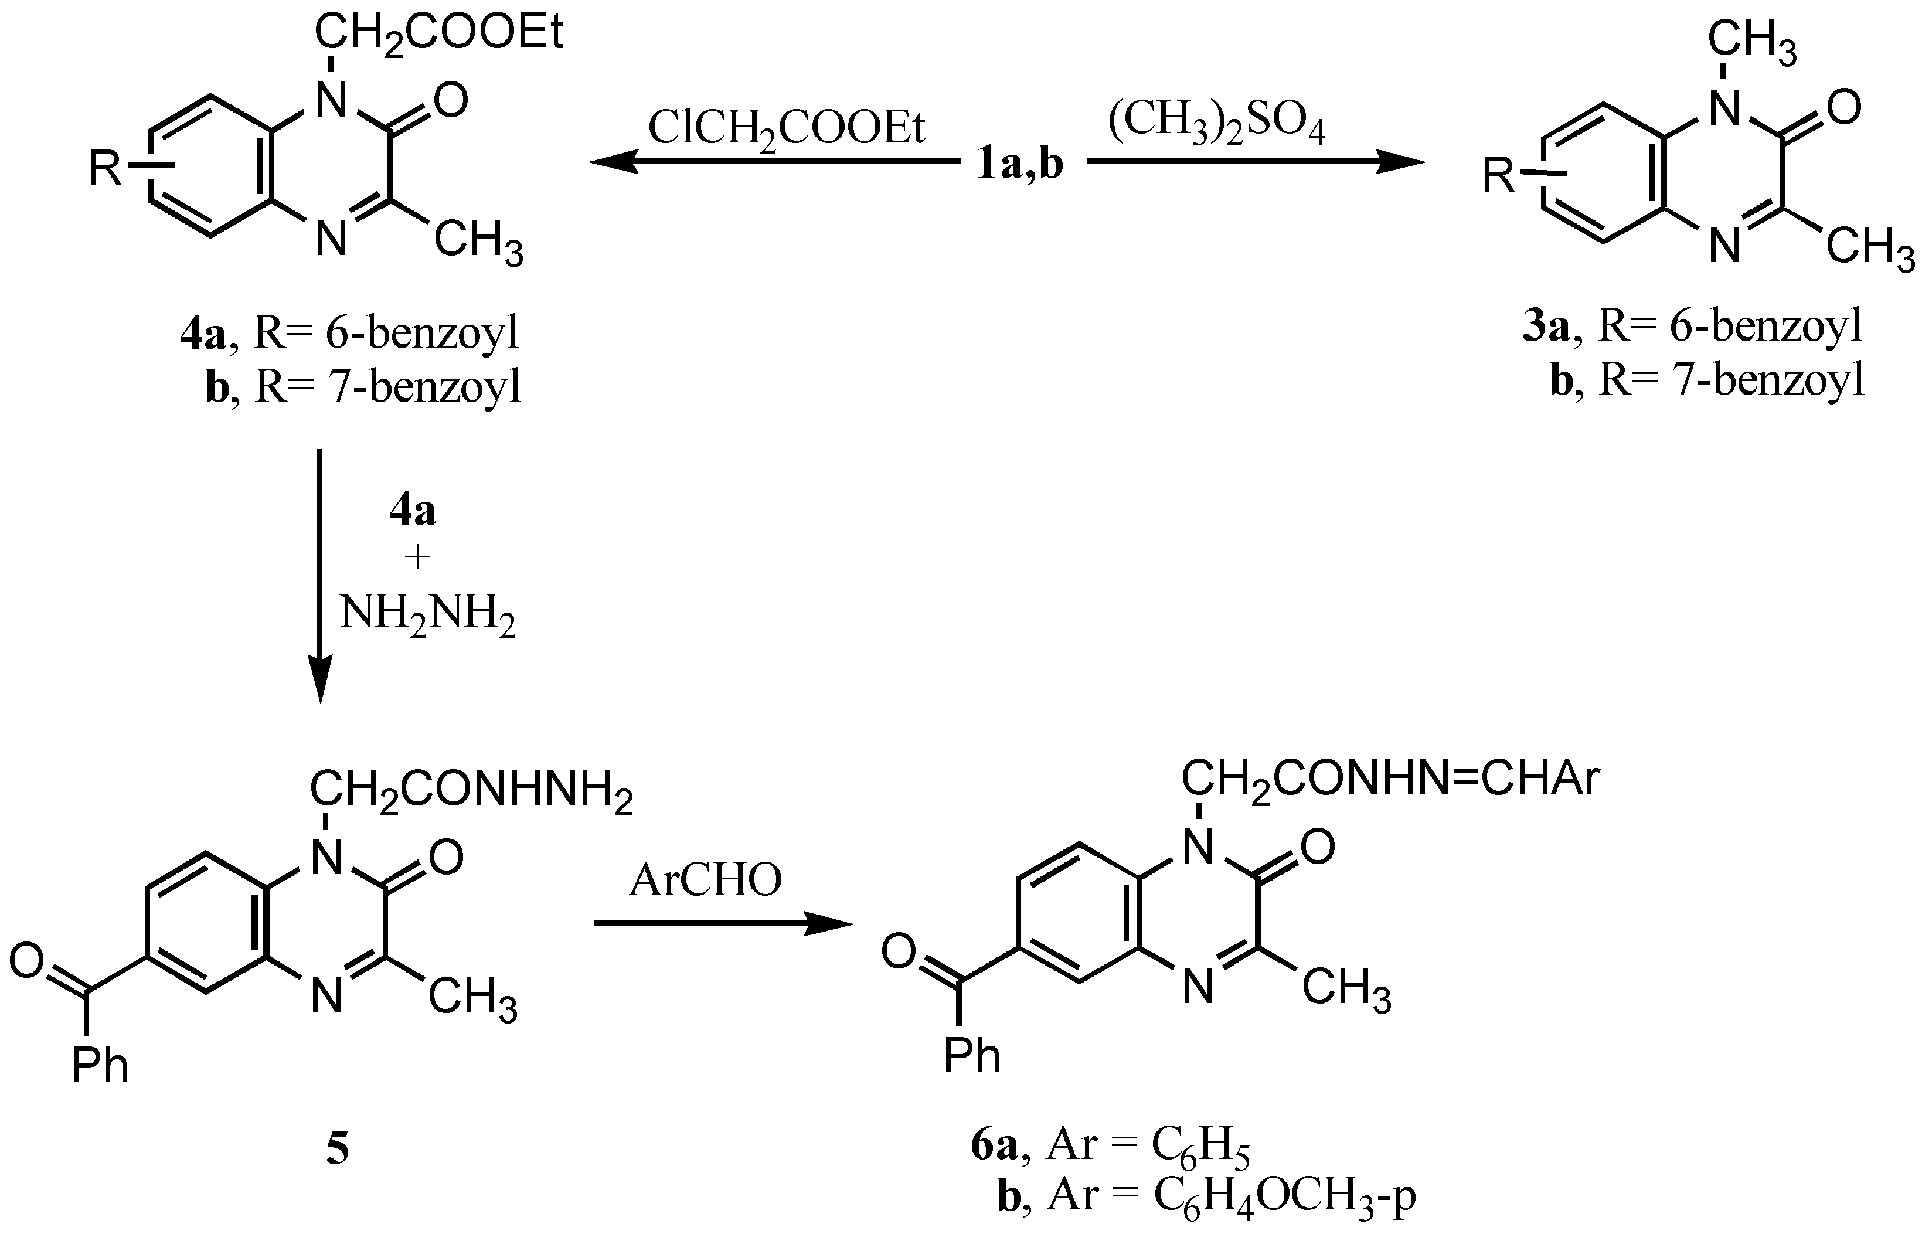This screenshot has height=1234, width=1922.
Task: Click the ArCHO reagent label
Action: [705, 881]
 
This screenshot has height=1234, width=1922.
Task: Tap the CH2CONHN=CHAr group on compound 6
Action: [1390, 780]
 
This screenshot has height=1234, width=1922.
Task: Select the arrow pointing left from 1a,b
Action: [774, 162]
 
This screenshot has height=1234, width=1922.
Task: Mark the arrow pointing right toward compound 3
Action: [1256, 162]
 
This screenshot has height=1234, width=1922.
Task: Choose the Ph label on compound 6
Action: [972, 1056]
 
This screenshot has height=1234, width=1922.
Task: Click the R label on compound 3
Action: [1499, 175]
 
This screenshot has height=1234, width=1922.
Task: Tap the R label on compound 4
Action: [104, 169]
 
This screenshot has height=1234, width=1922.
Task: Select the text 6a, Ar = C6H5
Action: [1110, 1145]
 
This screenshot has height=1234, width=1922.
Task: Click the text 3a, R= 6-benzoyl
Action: [1691, 327]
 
